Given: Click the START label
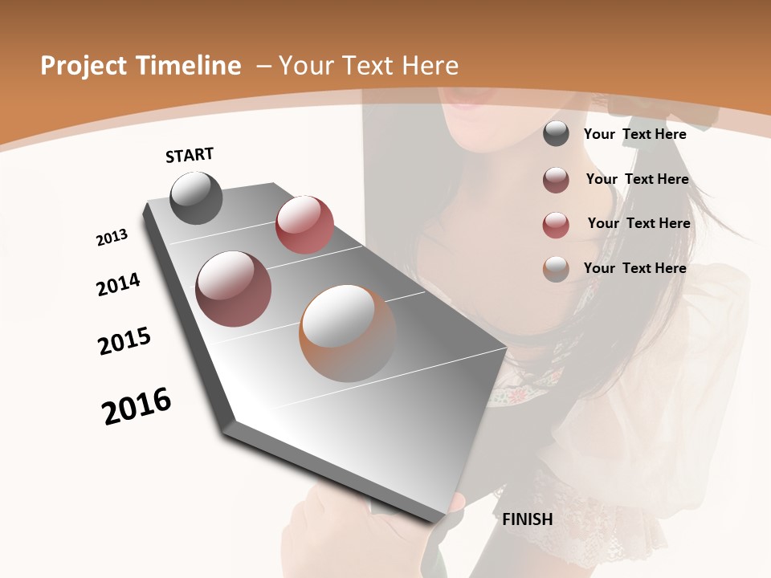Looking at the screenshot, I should [x=190, y=155].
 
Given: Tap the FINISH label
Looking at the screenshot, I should [x=528, y=519].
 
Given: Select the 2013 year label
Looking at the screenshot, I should [x=112, y=238].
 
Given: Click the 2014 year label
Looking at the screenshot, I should [x=119, y=284].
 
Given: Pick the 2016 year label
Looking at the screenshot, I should [x=137, y=406].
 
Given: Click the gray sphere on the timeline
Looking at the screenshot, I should [x=196, y=198].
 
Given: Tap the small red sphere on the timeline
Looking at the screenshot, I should [x=304, y=225].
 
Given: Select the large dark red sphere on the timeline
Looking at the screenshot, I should [x=234, y=289].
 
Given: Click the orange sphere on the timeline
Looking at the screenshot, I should [x=348, y=333].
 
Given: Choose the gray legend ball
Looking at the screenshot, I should [x=556, y=134].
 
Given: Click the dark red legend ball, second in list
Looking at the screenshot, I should [x=556, y=180].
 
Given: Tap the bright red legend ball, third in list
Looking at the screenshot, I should [x=556, y=225].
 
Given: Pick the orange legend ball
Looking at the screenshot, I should [x=556, y=269].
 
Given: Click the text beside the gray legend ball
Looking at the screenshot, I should [x=634, y=134].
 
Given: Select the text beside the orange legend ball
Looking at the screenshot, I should [x=634, y=268].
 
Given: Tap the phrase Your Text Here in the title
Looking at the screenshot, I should [x=368, y=66].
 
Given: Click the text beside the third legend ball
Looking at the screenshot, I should [x=638, y=223].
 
